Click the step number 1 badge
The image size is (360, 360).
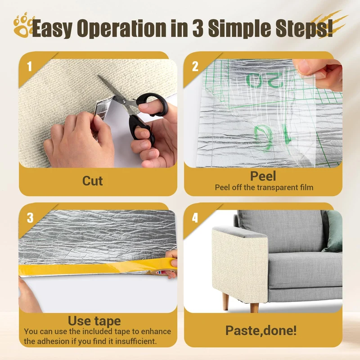click(29, 67)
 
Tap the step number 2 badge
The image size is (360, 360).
click(195, 67)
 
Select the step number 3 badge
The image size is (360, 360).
click(30, 218)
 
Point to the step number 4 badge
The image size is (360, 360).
click(195, 218)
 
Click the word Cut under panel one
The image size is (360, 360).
click(93, 181)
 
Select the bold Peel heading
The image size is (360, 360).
click(263, 176)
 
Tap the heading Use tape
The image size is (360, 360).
click(94, 321)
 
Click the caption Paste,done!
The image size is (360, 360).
click(261, 330)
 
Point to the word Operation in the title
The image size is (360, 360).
click(121, 28)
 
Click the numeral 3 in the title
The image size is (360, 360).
click(198, 28)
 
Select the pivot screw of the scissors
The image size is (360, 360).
click(124, 101)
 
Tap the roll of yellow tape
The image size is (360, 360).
click(163, 272)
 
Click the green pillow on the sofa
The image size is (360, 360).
click(334, 231)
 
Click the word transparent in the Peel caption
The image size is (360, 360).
click(278, 188)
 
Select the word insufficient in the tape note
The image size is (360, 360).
click(136, 341)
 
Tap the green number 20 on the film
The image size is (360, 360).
click(264, 81)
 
